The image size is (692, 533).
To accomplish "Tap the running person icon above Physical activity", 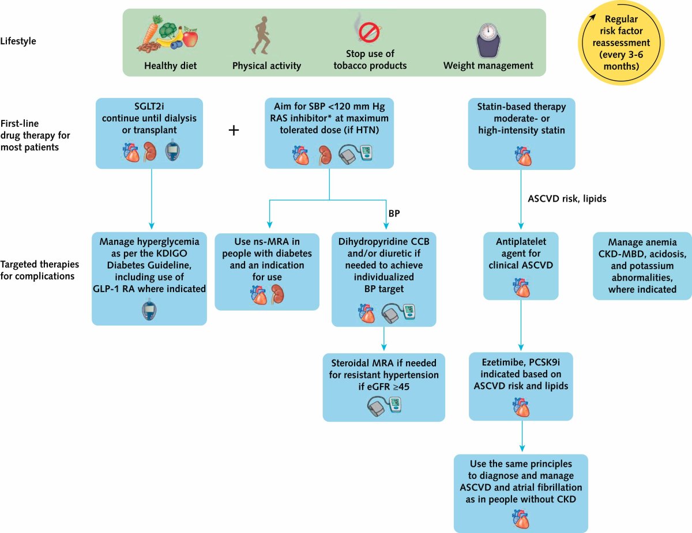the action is click(x=261, y=36).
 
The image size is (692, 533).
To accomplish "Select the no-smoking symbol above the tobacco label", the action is click(x=370, y=32).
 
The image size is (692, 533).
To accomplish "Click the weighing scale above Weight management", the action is click(x=488, y=40).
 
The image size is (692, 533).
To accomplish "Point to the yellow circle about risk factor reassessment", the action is click(x=621, y=43).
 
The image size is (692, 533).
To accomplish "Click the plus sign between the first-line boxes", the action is click(x=234, y=130).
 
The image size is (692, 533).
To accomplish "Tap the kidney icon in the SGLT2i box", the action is click(x=149, y=152).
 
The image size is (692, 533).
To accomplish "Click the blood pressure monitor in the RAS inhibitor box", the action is click(x=355, y=154).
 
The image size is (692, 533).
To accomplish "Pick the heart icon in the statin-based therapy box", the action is click(x=523, y=156).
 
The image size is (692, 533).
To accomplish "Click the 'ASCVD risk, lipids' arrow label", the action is click(x=567, y=199).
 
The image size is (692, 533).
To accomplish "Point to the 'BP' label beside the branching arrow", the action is click(x=394, y=213).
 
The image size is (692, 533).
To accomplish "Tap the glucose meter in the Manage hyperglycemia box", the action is click(x=149, y=309).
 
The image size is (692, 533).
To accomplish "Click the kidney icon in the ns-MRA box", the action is click(x=277, y=294).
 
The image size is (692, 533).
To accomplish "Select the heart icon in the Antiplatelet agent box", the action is click(x=521, y=288).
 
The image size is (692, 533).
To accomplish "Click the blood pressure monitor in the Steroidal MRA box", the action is click(x=384, y=406).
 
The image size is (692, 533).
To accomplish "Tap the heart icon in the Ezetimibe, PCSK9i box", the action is click(x=521, y=407).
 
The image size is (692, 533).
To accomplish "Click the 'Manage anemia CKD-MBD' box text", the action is click(x=642, y=266).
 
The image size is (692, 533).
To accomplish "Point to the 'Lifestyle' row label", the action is click(x=18, y=41).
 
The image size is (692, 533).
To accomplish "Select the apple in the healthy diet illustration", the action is click(x=190, y=37).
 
